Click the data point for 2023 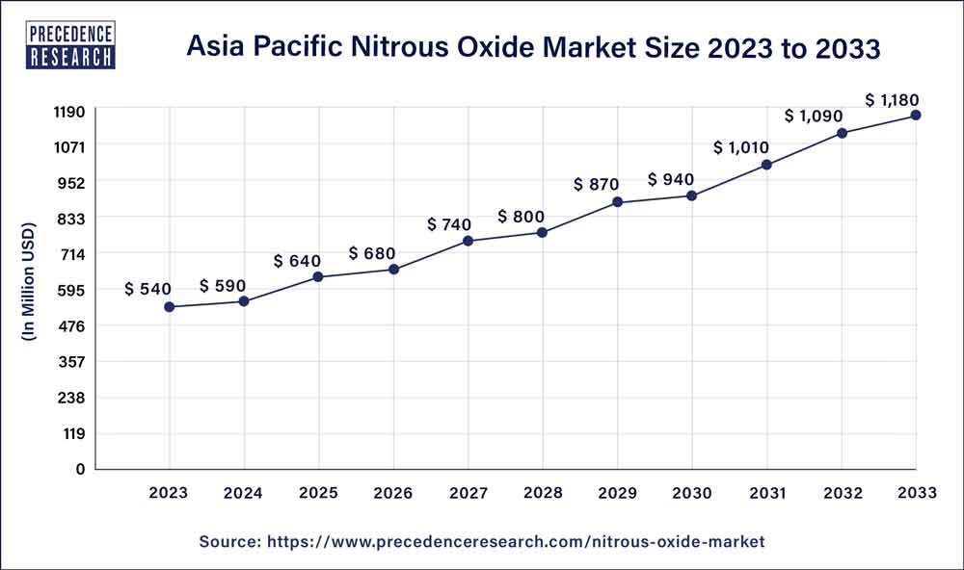pos(170,307)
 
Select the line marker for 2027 pos(468,241)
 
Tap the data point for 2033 pos(916,116)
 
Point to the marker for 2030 pos(692,196)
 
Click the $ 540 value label pos(147,290)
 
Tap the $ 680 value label pos(372,253)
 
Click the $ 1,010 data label pos(743,148)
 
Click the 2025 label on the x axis pos(318,493)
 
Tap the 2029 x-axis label pos(617,493)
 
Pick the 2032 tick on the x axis pos(842,493)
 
